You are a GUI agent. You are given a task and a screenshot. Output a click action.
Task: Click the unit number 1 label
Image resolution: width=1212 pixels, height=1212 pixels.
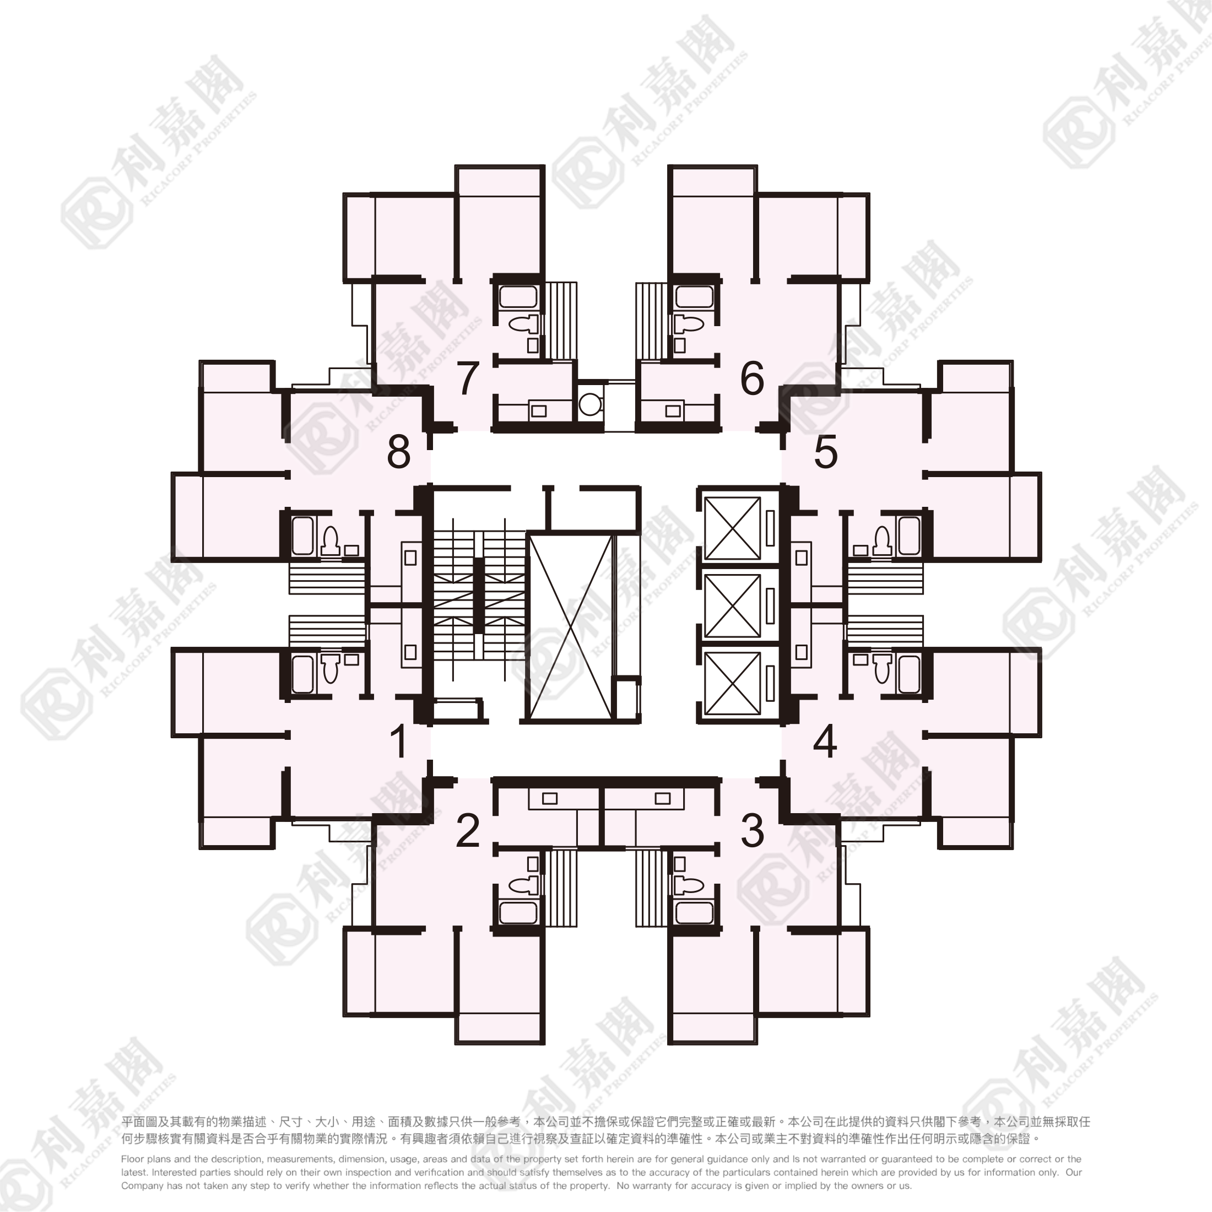(399, 740)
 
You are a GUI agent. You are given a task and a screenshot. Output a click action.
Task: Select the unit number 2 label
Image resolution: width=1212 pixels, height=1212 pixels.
(468, 830)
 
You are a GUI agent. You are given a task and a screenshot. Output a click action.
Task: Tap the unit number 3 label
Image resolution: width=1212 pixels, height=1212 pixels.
(753, 830)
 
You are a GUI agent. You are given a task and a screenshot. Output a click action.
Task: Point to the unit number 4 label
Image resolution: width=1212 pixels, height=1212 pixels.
(825, 741)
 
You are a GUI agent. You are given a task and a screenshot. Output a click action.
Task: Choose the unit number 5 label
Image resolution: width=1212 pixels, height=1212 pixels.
(826, 452)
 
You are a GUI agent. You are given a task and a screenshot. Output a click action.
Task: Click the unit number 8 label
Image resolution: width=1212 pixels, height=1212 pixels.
(399, 452)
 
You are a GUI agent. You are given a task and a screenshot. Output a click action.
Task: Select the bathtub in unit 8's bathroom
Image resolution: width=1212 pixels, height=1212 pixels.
(303, 535)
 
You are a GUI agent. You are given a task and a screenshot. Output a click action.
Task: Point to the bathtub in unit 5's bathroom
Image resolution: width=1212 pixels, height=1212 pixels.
(909, 535)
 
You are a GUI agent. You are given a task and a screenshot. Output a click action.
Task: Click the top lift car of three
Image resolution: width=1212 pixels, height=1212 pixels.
(732, 528)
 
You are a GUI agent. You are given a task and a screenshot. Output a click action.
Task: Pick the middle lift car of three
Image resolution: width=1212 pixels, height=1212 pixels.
(732, 605)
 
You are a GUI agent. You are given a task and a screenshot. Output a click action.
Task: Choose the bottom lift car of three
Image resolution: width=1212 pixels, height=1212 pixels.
(732, 683)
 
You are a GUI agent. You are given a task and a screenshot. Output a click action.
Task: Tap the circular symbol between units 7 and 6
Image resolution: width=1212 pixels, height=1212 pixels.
(589, 404)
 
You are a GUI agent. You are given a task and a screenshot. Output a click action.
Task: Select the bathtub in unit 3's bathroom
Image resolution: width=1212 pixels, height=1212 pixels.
(693, 913)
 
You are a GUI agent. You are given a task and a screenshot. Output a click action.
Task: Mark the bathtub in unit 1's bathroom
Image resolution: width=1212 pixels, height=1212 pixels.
(303, 674)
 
